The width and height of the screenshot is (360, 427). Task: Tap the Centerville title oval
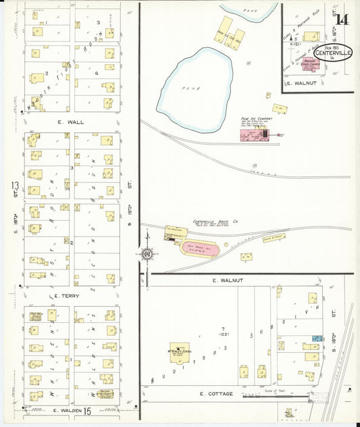pyautogui.click(x=332, y=53)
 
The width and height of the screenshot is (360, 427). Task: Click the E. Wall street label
pyautogui.click(x=72, y=122)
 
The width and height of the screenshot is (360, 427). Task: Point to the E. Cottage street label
pyautogui.click(x=217, y=393)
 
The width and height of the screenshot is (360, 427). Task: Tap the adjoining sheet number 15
pyautogui.click(x=87, y=410)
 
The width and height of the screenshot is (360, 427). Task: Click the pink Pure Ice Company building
pyautogui.click(x=254, y=136)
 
